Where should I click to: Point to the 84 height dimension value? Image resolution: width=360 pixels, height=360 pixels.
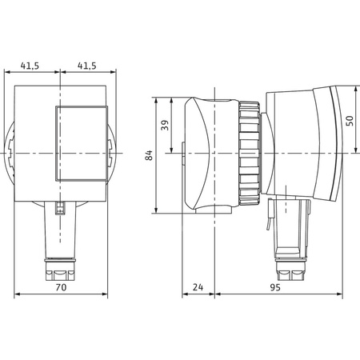149,156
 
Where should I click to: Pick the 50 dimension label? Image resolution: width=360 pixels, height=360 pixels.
349,120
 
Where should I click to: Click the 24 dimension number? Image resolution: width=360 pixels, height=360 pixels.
198,286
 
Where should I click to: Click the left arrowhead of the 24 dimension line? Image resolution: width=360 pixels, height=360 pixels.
186,296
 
